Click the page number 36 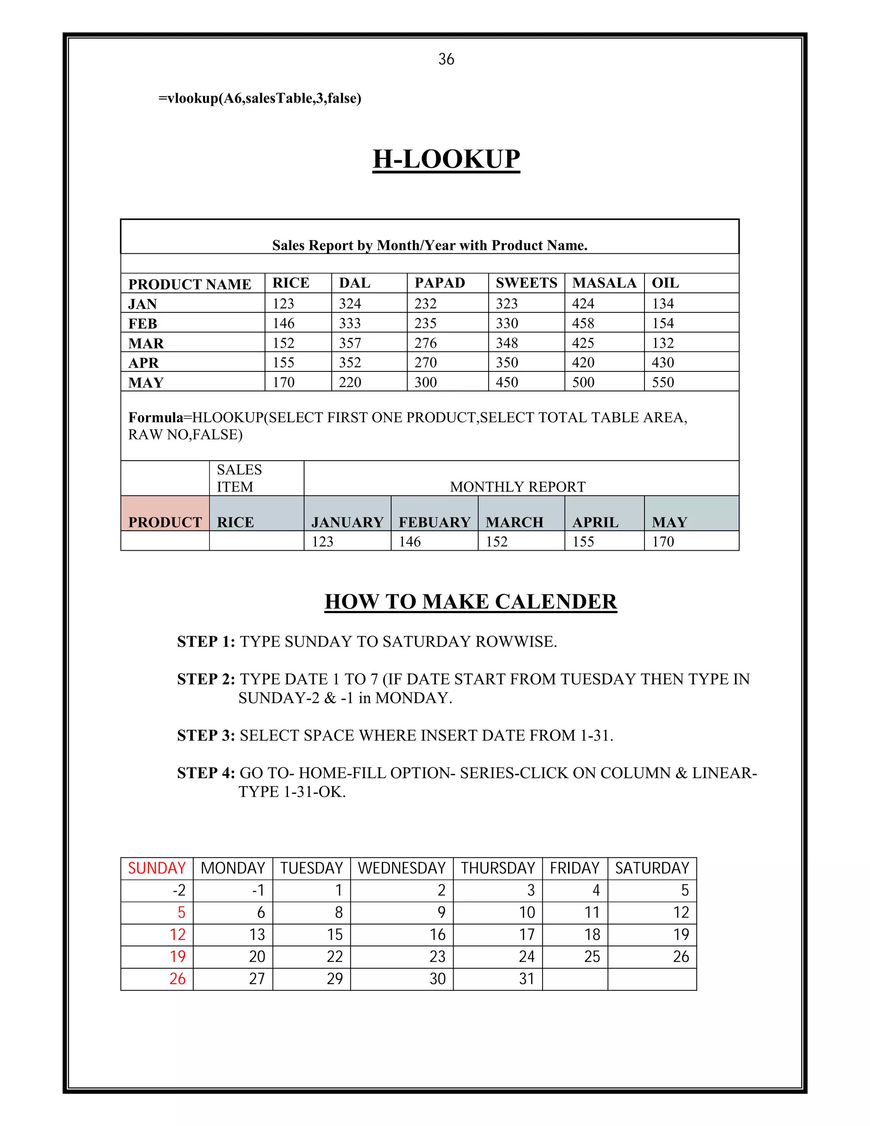pyautogui.click(x=446, y=59)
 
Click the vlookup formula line pyautogui.click(x=260, y=98)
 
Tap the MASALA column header pyautogui.click(x=604, y=283)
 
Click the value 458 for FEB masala pyautogui.click(x=583, y=323)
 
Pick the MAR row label pyautogui.click(x=146, y=343)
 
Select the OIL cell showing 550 pyautogui.click(x=663, y=382)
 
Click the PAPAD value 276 pyautogui.click(x=426, y=343)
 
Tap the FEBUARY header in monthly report pyautogui.click(x=435, y=522)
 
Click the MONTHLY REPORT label pyautogui.click(x=517, y=487)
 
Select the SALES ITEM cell pyautogui.click(x=239, y=478)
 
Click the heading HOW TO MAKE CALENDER pyautogui.click(x=471, y=602)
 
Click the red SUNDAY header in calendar pyautogui.click(x=157, y=868)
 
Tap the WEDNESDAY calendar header pyautogui.click(x=401, y=868)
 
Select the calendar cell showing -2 pyautogui.click(x=179, y=890)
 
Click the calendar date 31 pyautogui.click(x=526, y=979)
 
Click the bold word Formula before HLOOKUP pyautogui.click(x=155, y=417)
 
